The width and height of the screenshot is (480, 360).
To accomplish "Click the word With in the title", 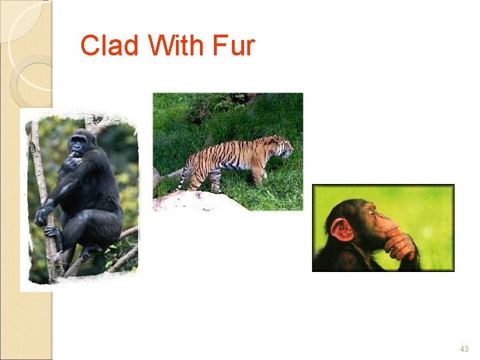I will coord(176,46).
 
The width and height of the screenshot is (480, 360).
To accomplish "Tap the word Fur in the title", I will coord(233,46).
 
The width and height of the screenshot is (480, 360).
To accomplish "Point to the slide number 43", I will coord(464,349).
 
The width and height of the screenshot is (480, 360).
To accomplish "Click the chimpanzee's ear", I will coord(341,230).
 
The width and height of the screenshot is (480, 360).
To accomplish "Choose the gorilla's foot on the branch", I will coord(89,251).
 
